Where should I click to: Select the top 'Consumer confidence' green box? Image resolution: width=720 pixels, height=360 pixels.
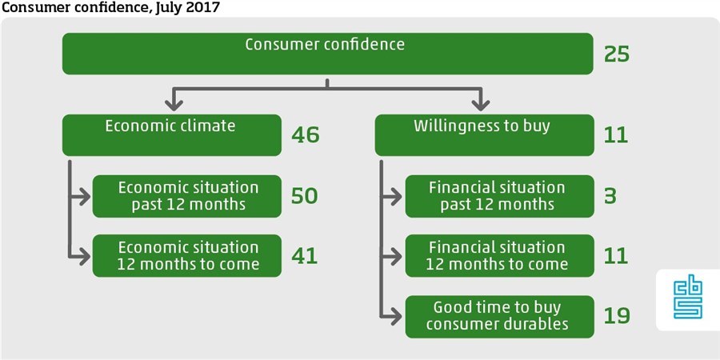click(x=327, y=54)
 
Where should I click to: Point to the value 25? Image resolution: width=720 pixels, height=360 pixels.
click(x=617, y=54)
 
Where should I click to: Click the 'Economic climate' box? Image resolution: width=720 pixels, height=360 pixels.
click(x=172, y=135)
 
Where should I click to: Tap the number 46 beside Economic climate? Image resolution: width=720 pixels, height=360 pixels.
click(x=305, y=135)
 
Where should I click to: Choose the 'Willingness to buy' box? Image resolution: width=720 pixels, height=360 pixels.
click(x=485, y=135)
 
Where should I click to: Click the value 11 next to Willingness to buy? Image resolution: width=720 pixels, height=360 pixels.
click(x=616, y=135)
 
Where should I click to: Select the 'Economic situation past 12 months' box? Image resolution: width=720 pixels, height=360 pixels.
click(x=187, y=196)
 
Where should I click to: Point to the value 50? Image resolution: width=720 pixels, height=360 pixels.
click(x=305, y=196)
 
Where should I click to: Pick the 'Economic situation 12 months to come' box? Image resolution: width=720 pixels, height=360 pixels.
click(x=187, y=256)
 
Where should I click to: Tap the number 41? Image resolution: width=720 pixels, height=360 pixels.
click(x=305, y=256)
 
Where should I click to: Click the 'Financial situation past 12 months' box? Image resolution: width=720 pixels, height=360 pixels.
click(x=499, y=196)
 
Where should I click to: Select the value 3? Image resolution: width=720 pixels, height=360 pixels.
click(x=610, y=196)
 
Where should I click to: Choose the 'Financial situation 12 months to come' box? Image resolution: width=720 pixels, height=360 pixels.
click(x=499, y=256)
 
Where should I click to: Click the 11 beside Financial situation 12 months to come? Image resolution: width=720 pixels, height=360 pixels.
click(x=616, y=256)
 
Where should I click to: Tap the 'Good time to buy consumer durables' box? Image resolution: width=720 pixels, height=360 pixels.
click(x=499, y=317)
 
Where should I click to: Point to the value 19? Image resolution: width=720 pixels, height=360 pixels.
click(x=617, y=316)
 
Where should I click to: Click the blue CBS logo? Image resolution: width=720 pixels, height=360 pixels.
click(x=687, y=300)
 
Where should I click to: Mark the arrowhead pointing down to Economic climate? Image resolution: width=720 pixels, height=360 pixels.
click(x=174, y=105)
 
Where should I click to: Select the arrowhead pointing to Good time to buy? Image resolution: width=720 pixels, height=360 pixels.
click(x=395, y=316)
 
